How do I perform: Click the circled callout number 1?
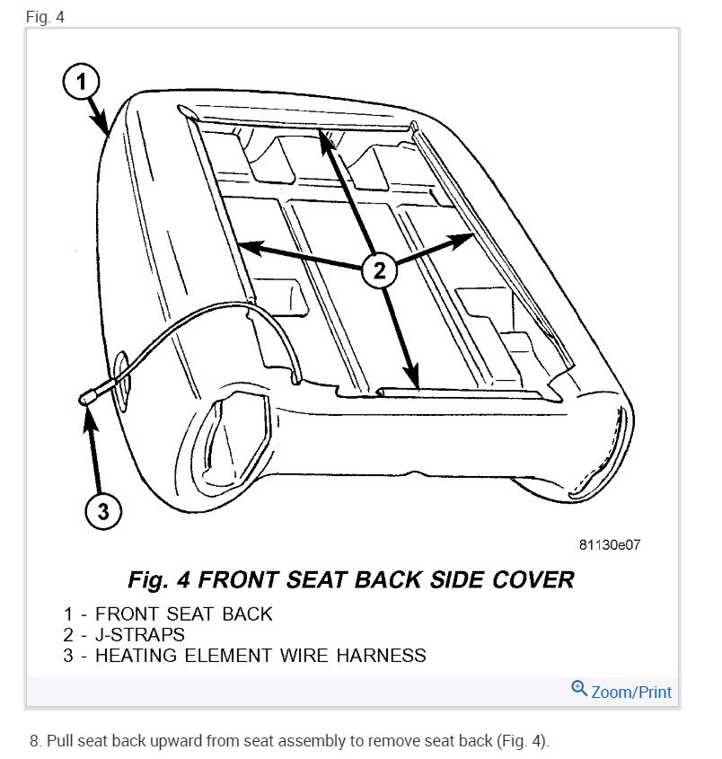[x=81, y=84]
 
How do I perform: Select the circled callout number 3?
[x=102, y=511]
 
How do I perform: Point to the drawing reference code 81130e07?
[x=611, y=545]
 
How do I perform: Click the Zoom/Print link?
[x=630, y=692]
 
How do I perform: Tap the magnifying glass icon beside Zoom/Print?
[x=579, y=690]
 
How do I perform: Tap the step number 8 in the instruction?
[x=34, y=741]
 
